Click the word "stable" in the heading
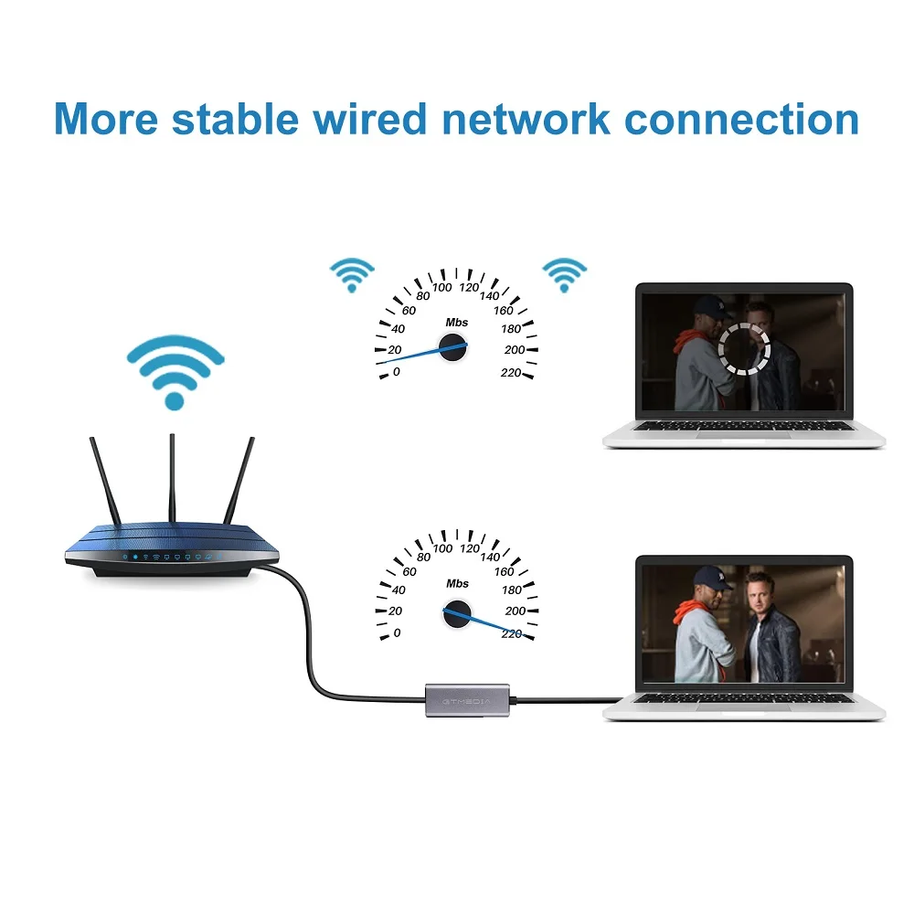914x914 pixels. (x=243, y=119)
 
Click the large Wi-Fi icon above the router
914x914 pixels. (x=175, y=369)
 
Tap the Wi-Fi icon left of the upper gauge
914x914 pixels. (x=352, y=273)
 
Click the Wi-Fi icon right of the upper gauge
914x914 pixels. (x=564, y=273)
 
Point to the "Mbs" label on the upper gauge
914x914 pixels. (x=457, y=322)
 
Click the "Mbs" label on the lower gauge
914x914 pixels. (x=457, y=583)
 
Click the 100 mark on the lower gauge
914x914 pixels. (x=442, y=548)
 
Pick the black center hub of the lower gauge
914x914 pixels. (x=456, y=613)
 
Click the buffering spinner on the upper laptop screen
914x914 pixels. (x=744, y=346)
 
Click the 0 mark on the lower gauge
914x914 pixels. (x=396, y=633)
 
